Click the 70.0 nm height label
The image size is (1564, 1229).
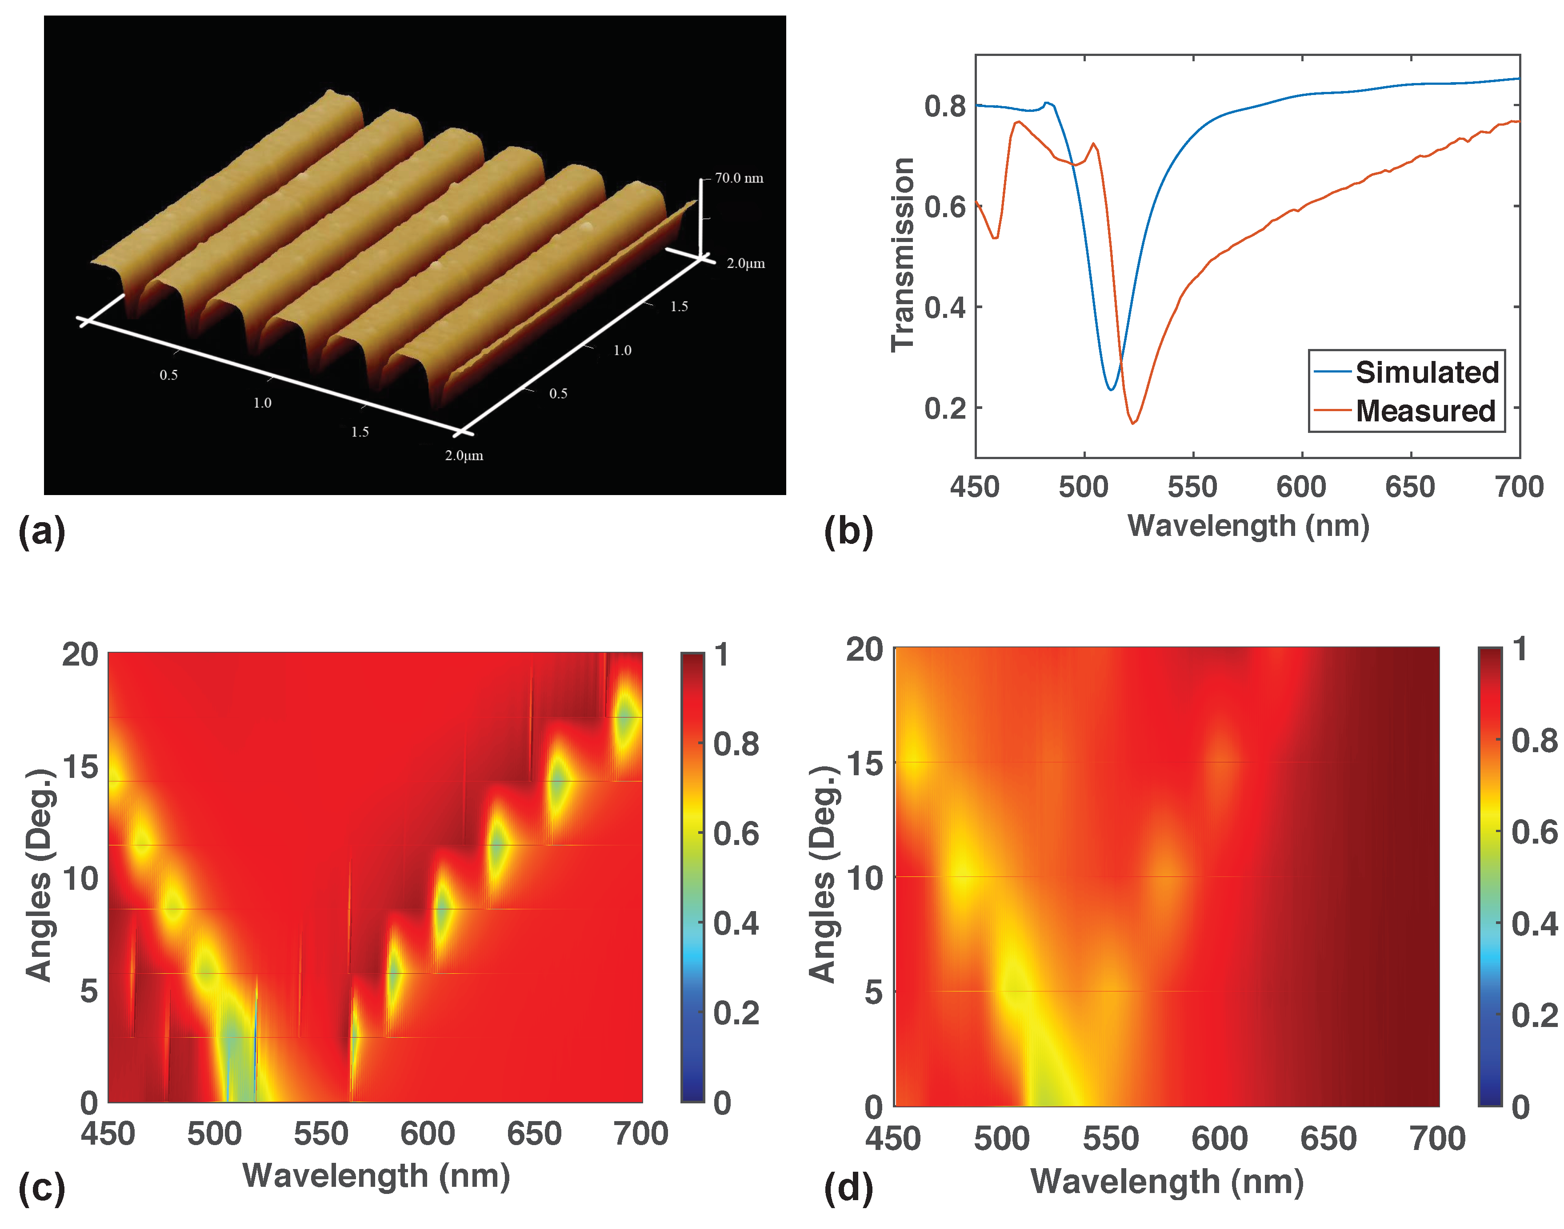pyautogui.click(x=738, y=178)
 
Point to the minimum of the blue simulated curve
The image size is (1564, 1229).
pyautogui.click(x=1111, y=389)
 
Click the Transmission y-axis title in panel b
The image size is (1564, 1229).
pyautogui.click(x=902, y=255)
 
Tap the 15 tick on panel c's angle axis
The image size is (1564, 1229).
pyautogui.click(x=80, y=767)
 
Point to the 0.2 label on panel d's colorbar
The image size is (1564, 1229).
pyautogui.click(x=1534, y=1015)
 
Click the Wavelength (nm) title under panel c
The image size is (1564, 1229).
pyautogui.click(x=376, y=1176)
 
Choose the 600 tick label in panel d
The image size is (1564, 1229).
pyautogui.click(x=1219, y=1138)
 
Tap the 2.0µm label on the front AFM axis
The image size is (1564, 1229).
pyautogui.click(x=464, y=456)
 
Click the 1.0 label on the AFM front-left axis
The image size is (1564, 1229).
pyautogui.click(x=262, y=403)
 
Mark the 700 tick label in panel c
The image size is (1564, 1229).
pyautogui.click(x=640, y=1134)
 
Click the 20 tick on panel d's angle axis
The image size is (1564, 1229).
pyautogui.click(x=864, y=649)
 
